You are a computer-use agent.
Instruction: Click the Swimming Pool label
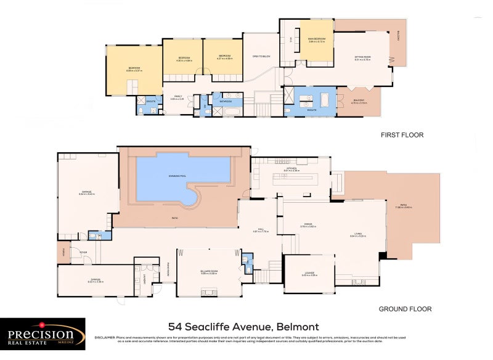(x=177, y=176)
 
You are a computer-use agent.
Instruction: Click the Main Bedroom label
(x=316, y=39)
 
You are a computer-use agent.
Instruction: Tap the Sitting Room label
(x=362, y=58)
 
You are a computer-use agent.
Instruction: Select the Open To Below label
(x=262, y=56)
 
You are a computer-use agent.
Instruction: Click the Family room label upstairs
(x=177, y=97)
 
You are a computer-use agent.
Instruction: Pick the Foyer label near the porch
(x=75, y=253)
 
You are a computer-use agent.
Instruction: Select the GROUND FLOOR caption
(x=405, y=309)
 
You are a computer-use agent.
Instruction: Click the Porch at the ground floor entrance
(x=63, y=253)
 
